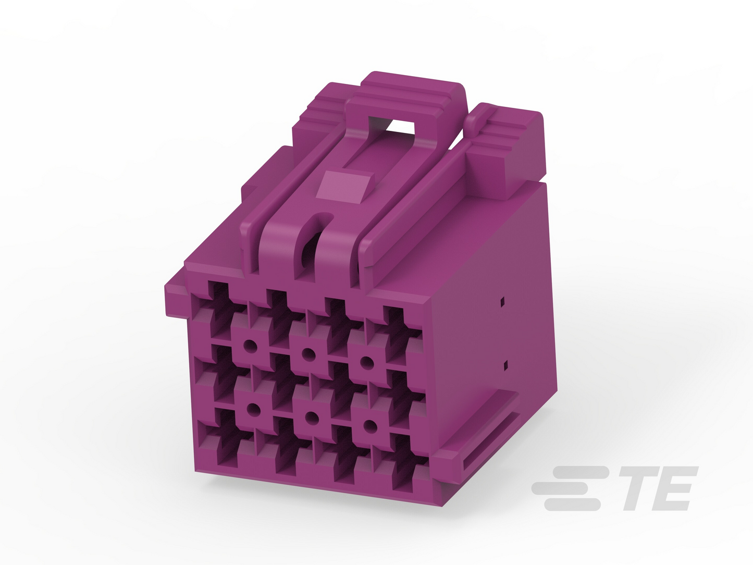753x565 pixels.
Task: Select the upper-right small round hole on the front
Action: coord(367,362)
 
